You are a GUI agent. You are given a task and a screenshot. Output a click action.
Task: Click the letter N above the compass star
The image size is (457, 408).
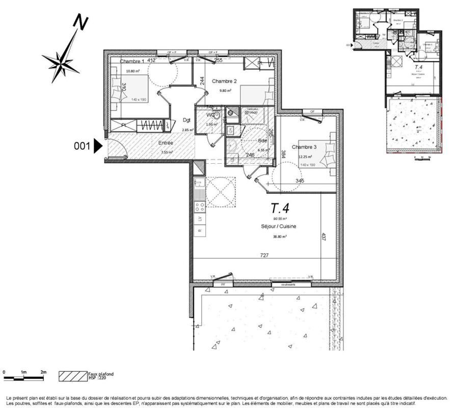point(80,22)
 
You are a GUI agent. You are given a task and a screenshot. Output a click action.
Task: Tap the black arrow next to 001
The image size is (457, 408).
point(98,147)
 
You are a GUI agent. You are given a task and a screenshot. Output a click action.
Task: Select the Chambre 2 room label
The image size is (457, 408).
point(224,81)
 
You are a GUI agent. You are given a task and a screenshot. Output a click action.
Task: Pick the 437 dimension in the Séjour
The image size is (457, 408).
point(323,238)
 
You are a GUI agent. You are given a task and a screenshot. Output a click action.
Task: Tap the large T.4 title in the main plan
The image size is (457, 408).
point(280,208)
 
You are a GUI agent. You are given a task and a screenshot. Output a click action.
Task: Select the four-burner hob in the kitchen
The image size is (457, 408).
point(200,207)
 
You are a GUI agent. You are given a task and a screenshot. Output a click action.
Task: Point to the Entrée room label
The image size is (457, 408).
point(165,143)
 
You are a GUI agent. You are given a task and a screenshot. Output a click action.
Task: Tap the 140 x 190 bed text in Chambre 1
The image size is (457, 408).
point(139,100)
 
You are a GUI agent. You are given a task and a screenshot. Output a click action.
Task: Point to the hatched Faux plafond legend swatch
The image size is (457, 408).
point(73,376)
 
